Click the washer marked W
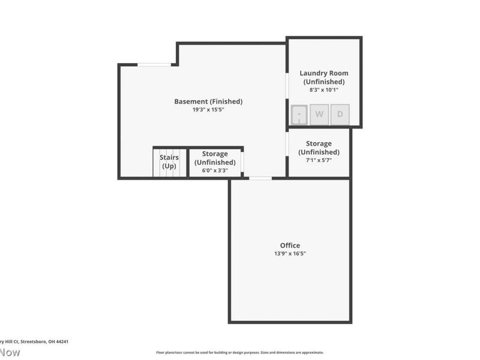(319, 114)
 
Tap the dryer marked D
(340, 114)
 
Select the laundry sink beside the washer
(299, 114)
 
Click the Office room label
(290, 245)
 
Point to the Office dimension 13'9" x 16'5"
(290, 254)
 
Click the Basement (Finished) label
(208, 101)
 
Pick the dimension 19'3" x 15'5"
(208, 110)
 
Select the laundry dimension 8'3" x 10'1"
(324, 90)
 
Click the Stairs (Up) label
(169, 161)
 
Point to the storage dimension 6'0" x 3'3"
(214, 170)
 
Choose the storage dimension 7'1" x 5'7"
(319, 161)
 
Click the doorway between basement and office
(260, 178)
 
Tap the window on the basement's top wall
(154, 65)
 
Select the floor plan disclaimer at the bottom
(240, 353)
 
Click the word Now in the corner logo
(10, 352)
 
